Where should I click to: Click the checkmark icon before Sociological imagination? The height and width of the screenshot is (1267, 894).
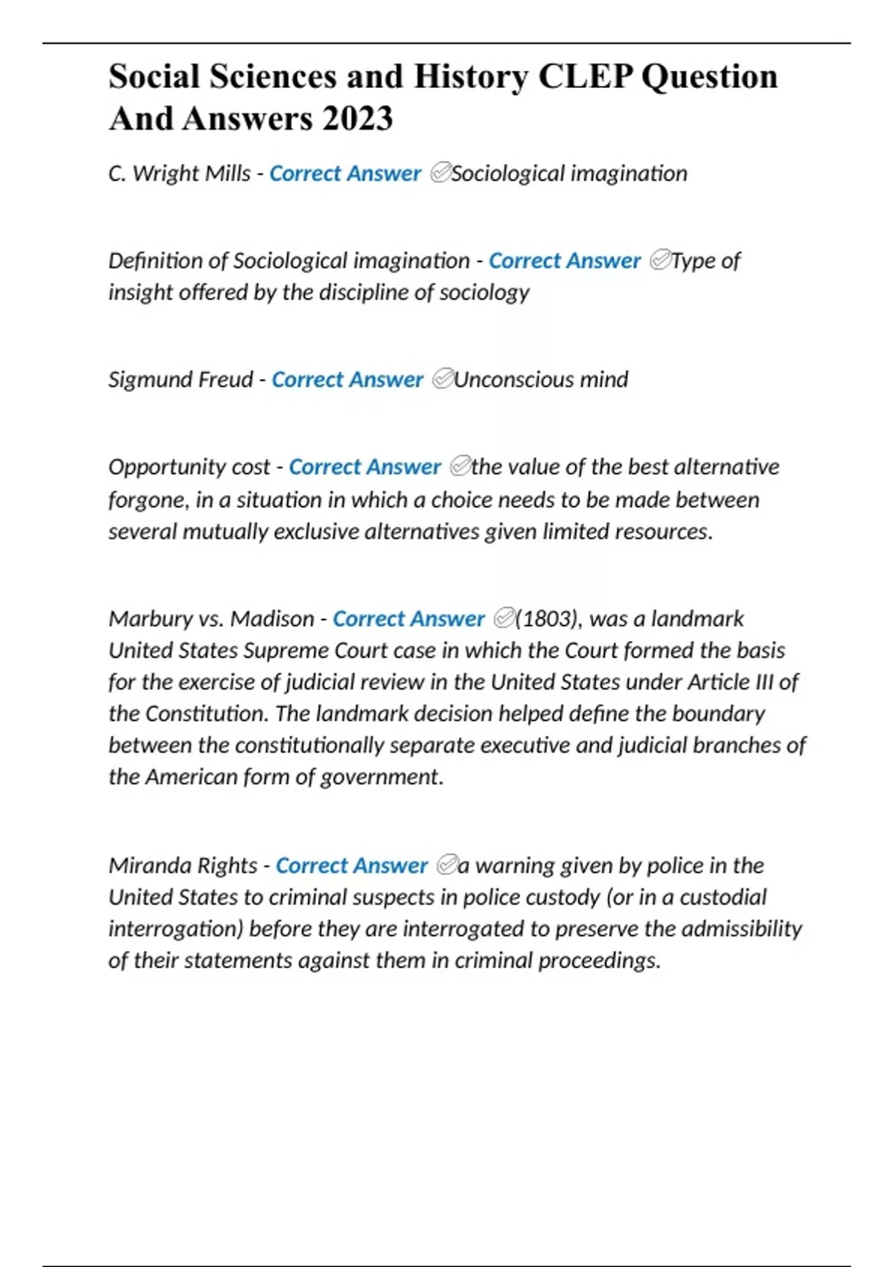(440, 174)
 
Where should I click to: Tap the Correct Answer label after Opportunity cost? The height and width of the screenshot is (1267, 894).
(364, 467)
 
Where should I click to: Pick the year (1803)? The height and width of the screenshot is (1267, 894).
(548, 619)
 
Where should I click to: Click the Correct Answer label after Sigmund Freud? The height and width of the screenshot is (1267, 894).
(347, 379)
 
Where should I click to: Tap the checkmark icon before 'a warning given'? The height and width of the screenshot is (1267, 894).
(447, 865)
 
